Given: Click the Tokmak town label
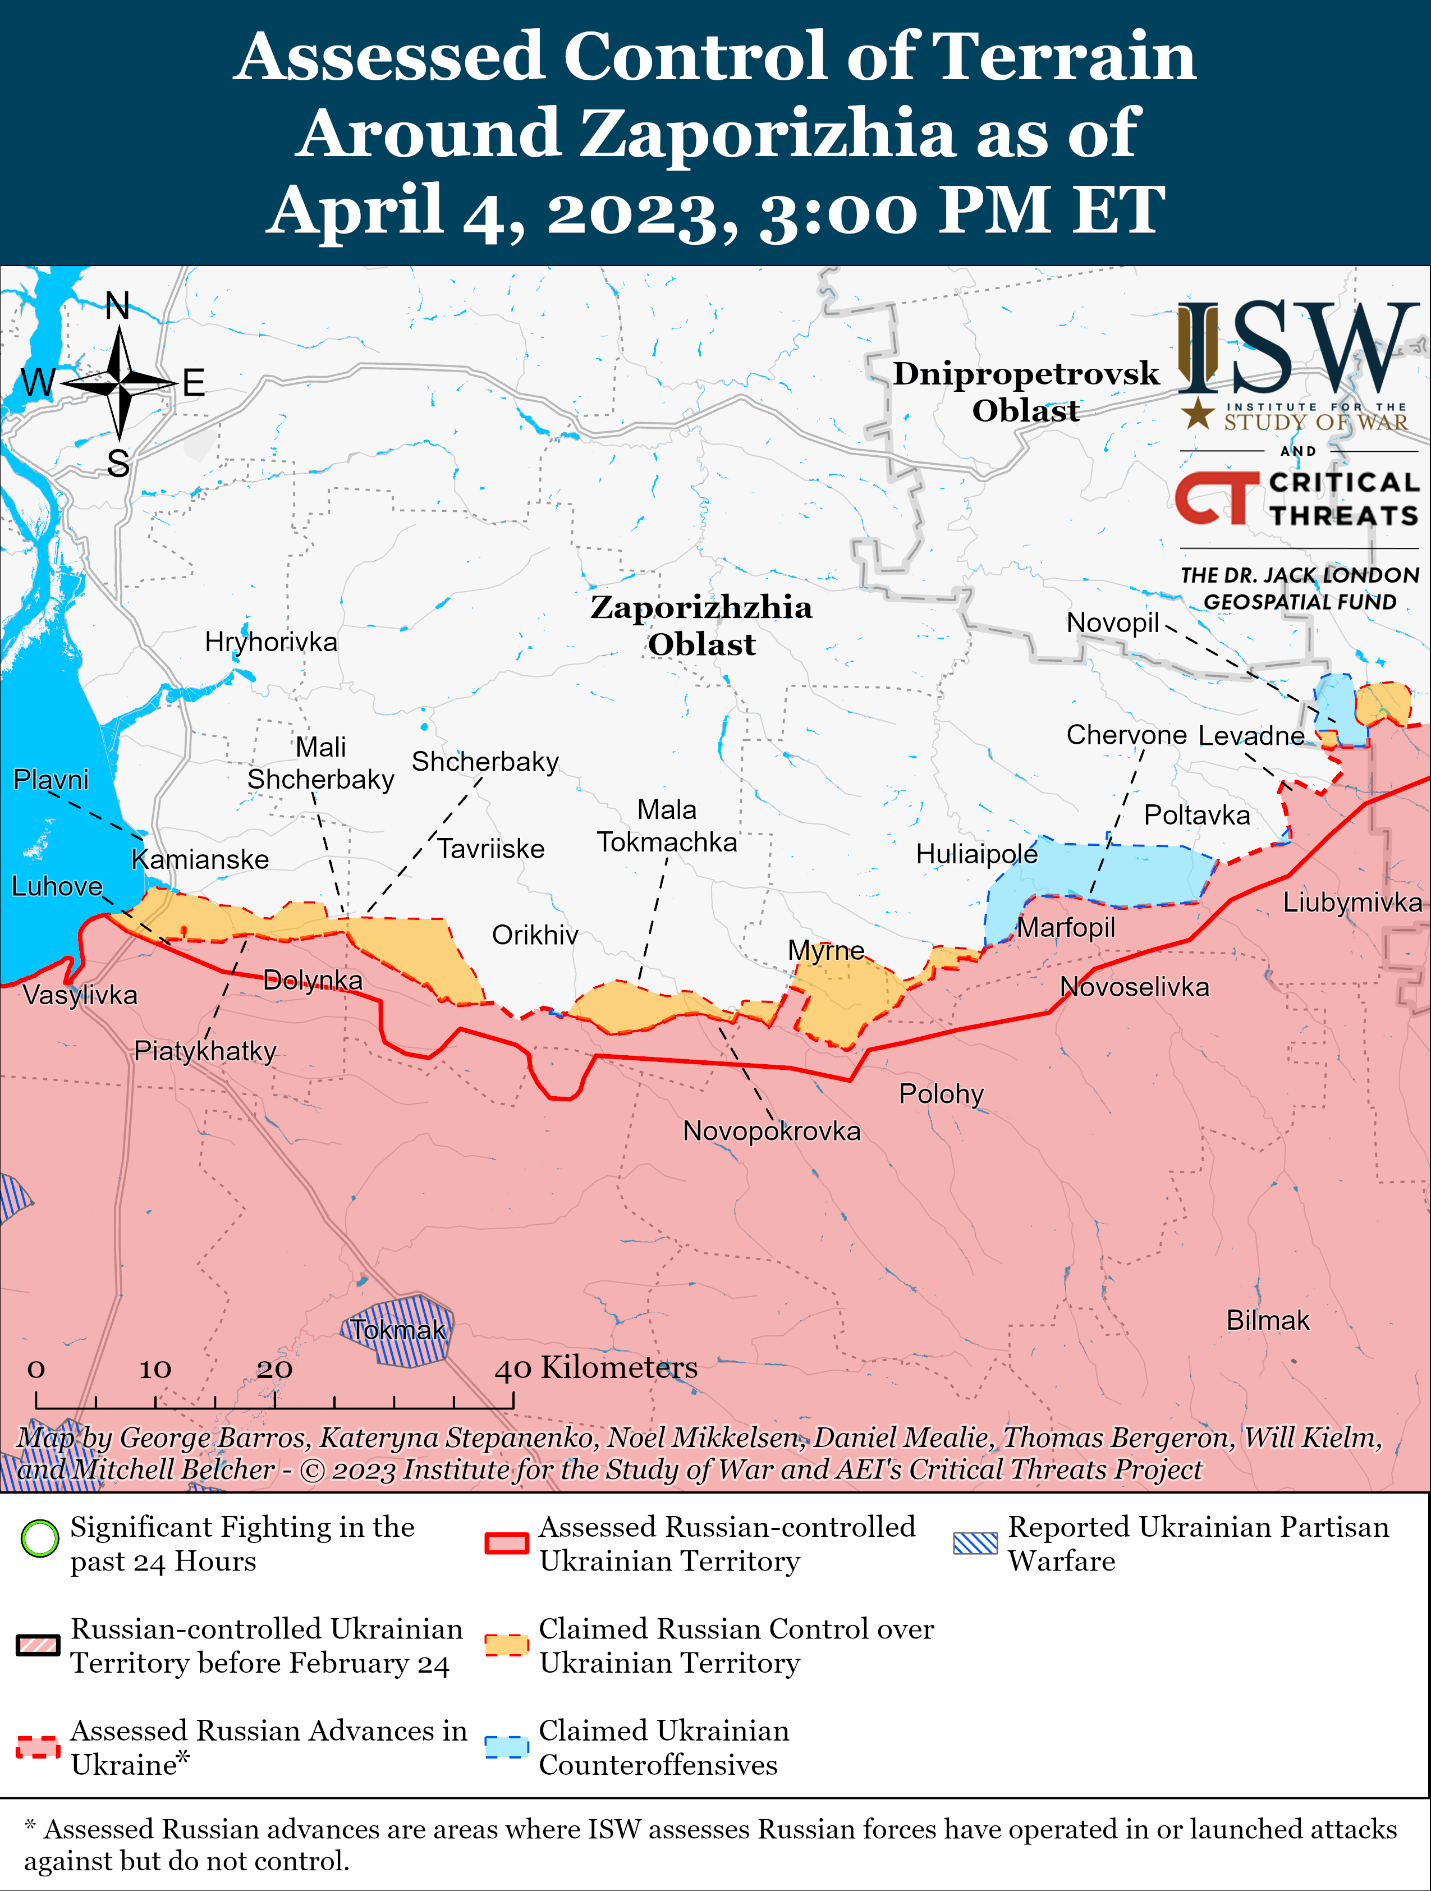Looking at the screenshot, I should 398,1330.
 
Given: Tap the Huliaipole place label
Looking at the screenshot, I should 976,854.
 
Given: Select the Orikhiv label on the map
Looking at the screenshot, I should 535,935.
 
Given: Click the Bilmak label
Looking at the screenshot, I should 1268,1320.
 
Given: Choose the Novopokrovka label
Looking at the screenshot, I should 771,1131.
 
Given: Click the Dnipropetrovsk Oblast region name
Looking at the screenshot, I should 1026,392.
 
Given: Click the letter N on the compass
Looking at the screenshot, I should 118,306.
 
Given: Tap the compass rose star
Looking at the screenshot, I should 120,384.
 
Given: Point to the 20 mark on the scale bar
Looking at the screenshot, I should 274,1368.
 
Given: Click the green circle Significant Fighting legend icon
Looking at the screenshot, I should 39,1539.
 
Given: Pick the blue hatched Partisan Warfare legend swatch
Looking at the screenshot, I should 975,1542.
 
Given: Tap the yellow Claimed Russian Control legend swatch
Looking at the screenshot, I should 506,1644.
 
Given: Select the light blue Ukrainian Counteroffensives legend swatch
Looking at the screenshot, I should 506,1747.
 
